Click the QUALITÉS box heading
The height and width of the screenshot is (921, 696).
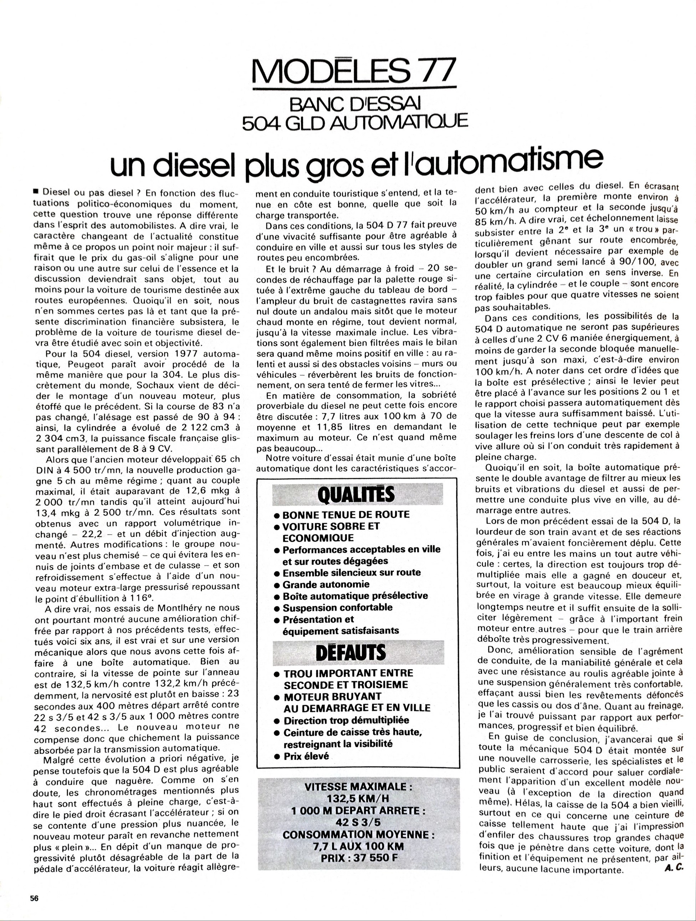(356, 495)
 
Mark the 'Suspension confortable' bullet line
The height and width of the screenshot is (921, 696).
(337, 607)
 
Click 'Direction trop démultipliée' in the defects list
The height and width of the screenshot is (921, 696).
(346, 720)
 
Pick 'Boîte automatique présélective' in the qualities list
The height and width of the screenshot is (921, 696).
(355, 596)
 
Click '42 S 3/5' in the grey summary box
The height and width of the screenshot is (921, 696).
(358, 822)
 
